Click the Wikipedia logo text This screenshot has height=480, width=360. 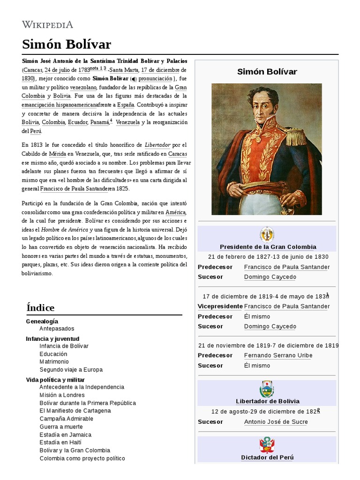coord(47,24)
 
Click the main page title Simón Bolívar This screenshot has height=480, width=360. coord(66,45)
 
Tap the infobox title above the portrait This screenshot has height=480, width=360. coord(267,72)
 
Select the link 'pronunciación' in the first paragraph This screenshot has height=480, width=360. coord(155,79)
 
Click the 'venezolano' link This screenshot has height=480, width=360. coord(83,87)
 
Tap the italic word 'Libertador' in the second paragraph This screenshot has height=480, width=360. coord(157,145)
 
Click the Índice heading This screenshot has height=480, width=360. coord(40,307)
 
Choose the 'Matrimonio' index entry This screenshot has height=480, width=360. coord(54,362)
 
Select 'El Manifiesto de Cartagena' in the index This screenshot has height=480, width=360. coord(75,411)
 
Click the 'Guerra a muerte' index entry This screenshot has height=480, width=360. coord(61,427)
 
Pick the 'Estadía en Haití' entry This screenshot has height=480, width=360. coord(61,442)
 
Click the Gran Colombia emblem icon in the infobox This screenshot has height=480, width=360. coord(267,234)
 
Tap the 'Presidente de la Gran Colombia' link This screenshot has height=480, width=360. coord(268,247)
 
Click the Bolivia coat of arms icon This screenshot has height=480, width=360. coord(267,389)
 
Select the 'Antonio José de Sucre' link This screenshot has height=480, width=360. coord(276,422)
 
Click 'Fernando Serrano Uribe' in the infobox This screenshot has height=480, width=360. coord(278,355)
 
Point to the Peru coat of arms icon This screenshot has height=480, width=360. coord(267,445)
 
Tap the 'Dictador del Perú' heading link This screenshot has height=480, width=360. coord(267,457)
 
